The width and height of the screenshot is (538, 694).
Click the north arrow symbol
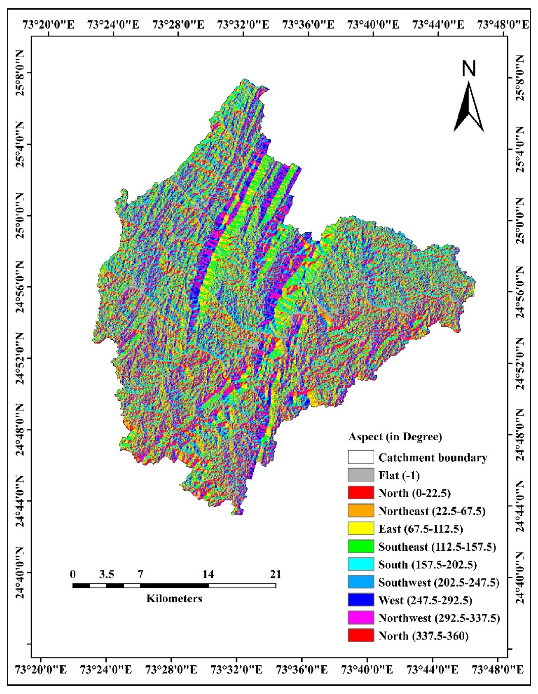(x=468, y=108)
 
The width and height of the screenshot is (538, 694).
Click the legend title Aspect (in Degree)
(x=395, y=437)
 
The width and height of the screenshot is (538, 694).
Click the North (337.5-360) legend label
(x=423, y=636)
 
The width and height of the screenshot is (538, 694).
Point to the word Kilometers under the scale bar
(x=174, y=599)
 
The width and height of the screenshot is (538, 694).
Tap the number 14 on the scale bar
(x=208, y=574)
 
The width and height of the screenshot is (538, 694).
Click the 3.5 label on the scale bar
(x=107, y=574)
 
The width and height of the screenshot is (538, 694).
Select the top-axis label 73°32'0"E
(x=244, y=24)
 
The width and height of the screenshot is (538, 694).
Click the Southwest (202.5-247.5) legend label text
(x=439, y=582)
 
